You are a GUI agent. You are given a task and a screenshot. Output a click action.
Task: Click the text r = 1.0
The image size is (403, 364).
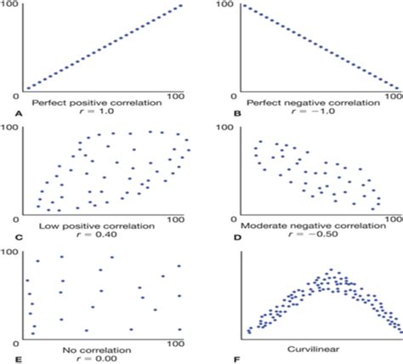coord(95,111)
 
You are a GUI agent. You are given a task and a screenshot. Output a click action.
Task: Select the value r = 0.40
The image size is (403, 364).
coord(95,234)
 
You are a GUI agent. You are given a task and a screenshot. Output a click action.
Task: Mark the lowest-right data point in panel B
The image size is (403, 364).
coord(395,86)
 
